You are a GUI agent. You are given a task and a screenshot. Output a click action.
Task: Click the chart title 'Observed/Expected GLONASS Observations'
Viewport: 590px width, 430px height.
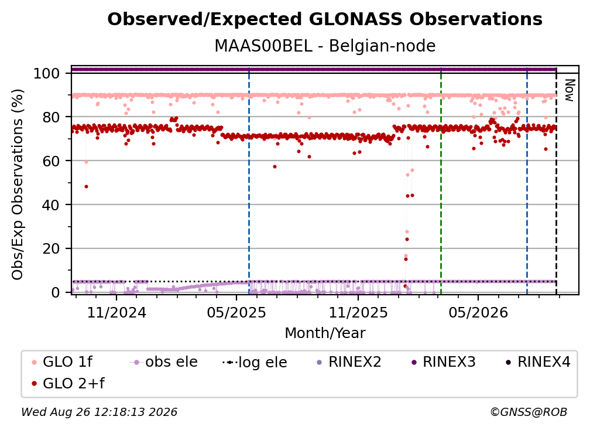(325, 19)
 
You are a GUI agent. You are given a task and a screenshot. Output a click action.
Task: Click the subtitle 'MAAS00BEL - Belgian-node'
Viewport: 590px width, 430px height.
(325, 46)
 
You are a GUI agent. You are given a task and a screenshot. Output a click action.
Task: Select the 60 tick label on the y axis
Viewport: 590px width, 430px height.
(51, 161)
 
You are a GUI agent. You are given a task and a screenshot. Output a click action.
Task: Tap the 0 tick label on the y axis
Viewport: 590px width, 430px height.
(56, 292)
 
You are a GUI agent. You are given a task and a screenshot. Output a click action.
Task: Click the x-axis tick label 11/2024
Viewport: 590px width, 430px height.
(116, 313)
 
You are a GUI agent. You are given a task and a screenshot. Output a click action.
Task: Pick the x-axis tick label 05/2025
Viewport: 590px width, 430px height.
(236, 313)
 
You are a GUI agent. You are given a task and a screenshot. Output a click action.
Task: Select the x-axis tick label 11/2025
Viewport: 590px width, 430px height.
(358, 313)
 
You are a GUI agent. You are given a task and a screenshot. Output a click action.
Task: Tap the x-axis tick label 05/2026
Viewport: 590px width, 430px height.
(478, 313)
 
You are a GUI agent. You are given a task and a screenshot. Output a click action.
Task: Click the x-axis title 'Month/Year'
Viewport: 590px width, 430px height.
(325, 333)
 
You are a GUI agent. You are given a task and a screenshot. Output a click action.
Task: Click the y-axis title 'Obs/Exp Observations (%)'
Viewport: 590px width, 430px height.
(18, 185)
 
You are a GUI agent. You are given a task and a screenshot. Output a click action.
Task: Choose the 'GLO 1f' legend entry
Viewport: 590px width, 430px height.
(62, 362)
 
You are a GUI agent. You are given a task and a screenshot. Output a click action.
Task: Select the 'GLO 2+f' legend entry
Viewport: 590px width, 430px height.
(68, 384)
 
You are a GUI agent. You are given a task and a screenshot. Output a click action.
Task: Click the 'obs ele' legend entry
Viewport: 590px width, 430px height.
(163, 362)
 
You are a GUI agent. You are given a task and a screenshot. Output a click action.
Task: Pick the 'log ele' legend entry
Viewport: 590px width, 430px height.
(255, 363)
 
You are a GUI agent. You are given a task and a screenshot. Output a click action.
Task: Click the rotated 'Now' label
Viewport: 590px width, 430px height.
(570, 90)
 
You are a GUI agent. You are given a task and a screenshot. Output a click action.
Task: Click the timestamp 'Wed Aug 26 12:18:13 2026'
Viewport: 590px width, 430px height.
(100, 412)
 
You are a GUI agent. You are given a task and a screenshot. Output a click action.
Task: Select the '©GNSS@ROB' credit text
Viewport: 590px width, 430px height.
(529, 412)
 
